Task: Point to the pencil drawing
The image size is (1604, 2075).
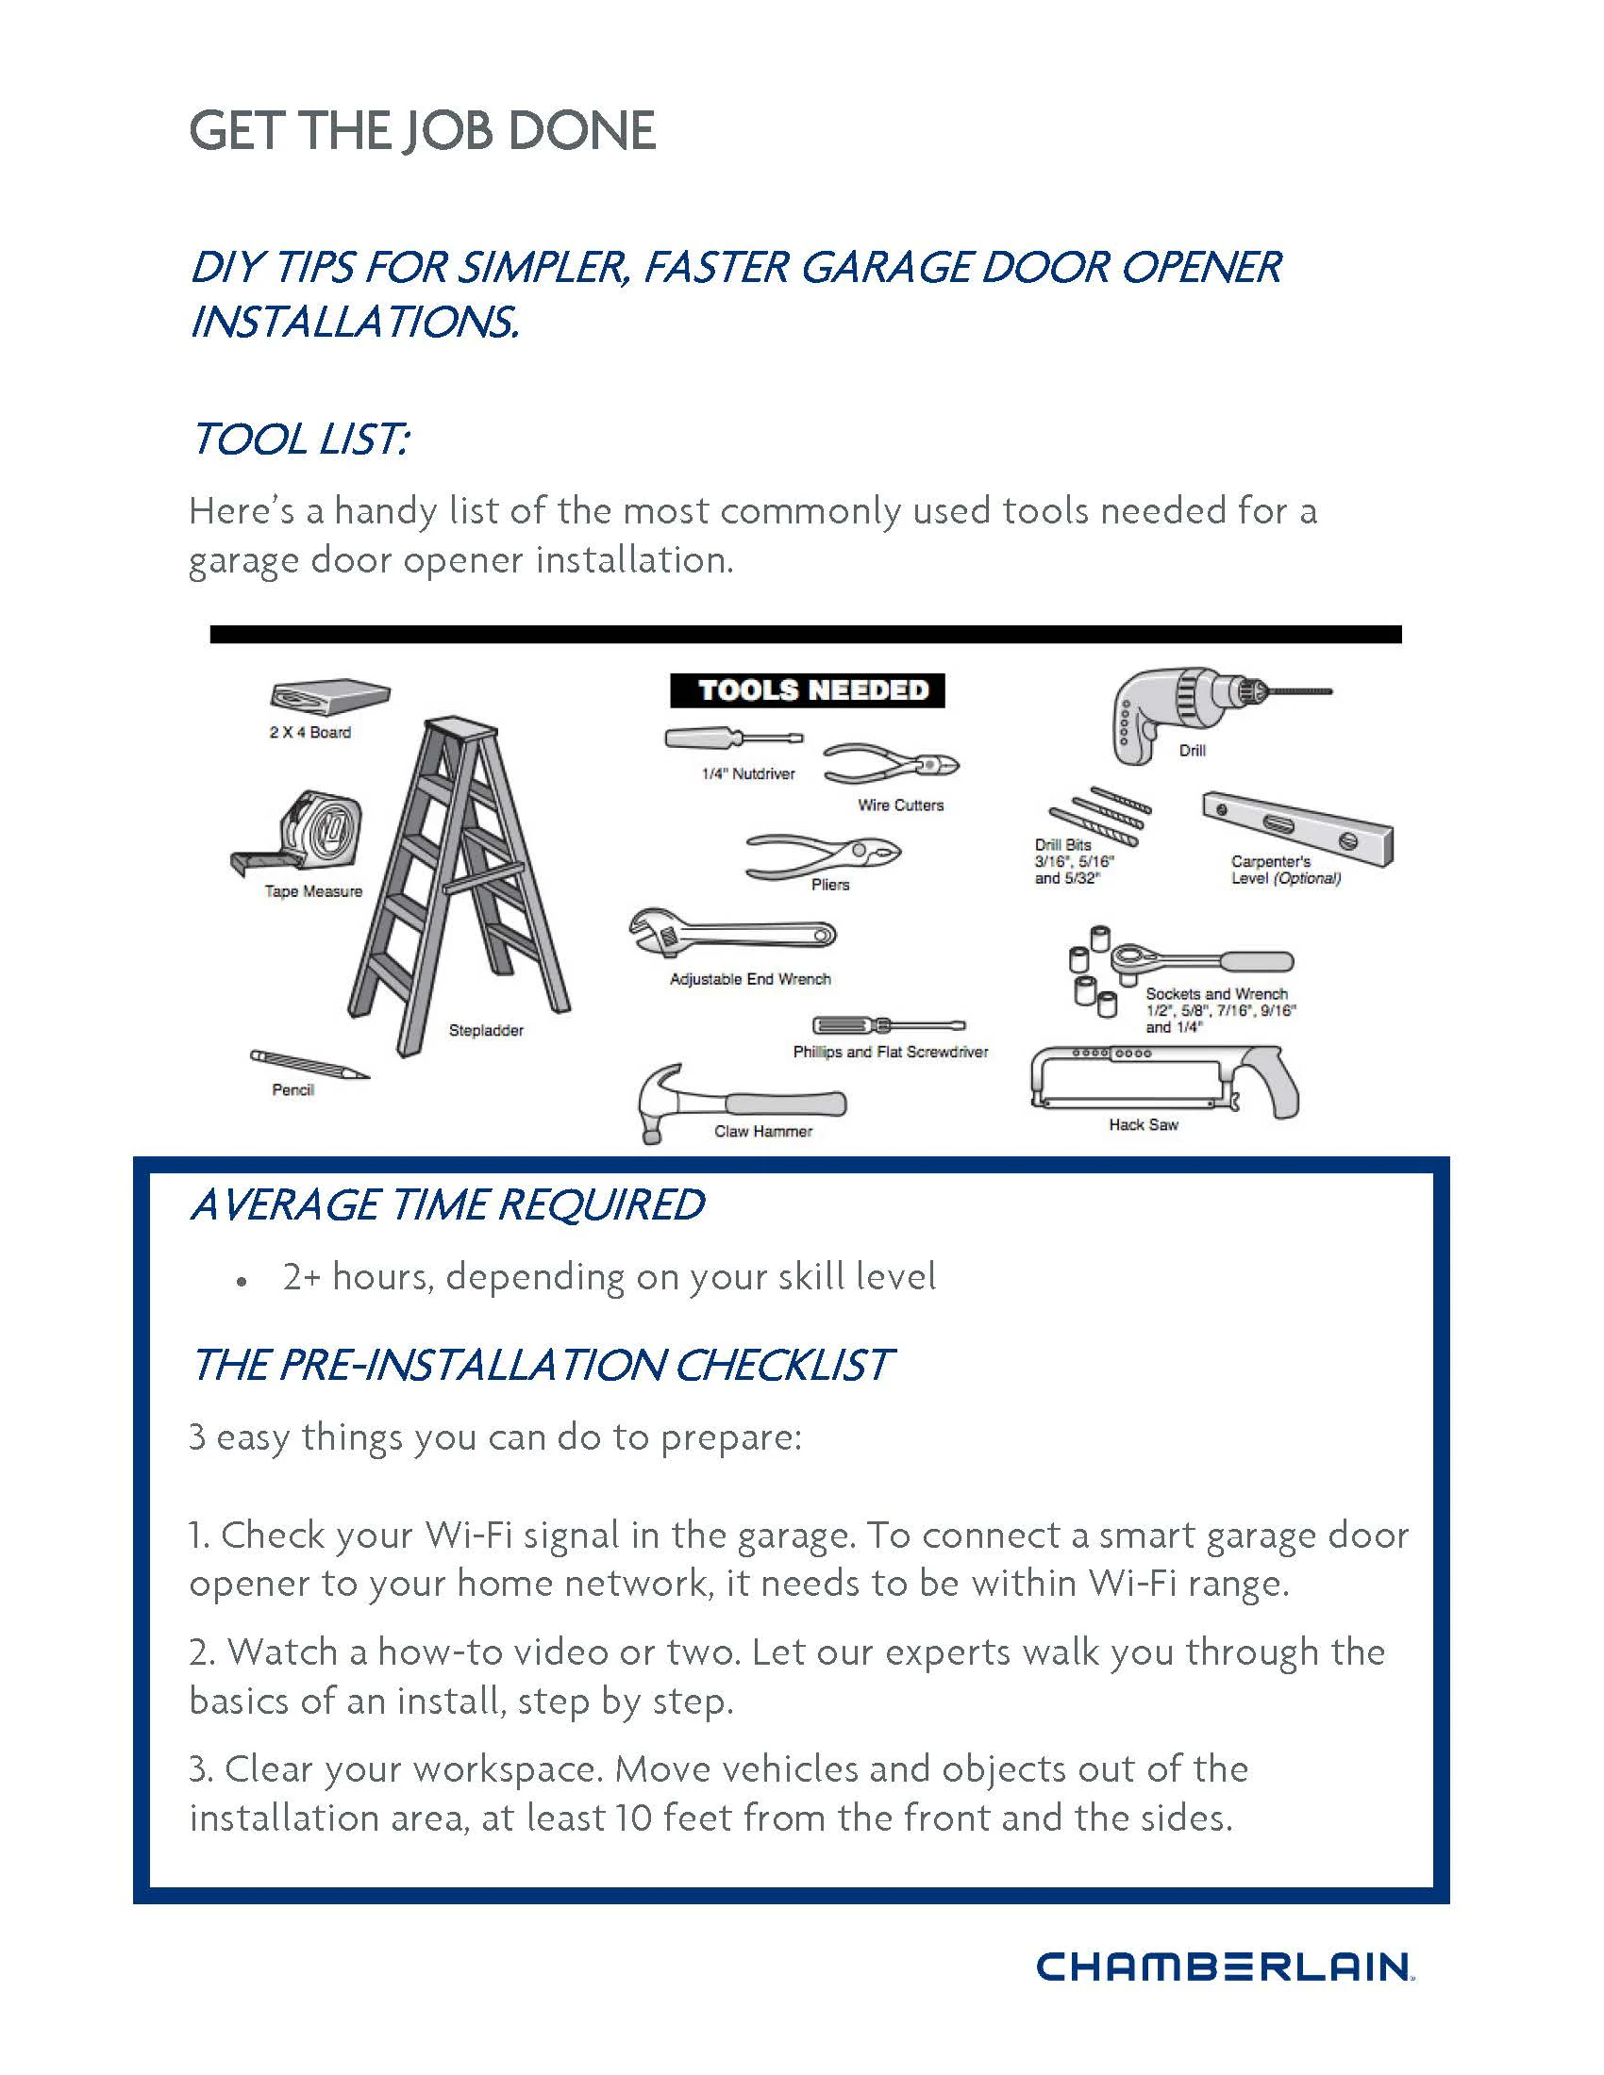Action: coord(309,1064)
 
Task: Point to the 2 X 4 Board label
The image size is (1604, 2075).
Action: coord(309,733)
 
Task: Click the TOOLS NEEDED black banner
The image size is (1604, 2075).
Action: coord(807,690)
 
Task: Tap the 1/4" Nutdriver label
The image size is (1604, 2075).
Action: coord(748,774)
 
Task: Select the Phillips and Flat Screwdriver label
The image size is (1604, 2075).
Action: coord(891,1052)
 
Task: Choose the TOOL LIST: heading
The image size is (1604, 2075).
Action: coord(300,439)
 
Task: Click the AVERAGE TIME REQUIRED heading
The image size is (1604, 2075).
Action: coord(446,1204)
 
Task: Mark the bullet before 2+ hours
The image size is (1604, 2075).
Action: coord(243,1282)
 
